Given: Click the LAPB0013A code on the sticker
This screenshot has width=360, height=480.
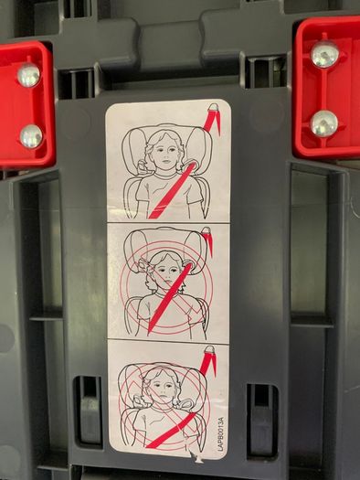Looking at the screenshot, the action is tap(221, 433).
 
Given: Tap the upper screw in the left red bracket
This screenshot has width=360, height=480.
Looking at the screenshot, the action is tap(28, 75).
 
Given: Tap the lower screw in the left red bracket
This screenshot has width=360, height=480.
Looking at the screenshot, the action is tap(31, 136).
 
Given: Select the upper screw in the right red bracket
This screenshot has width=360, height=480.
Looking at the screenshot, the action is tap(324, 55).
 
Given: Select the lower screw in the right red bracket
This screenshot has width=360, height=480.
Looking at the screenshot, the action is tap(324, 123).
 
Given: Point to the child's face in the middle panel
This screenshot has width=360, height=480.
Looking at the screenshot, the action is tap(168, 271).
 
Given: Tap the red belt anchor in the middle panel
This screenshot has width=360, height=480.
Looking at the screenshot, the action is tap(208, 240).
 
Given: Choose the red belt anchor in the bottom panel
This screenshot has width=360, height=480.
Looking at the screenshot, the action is tap(208, 360).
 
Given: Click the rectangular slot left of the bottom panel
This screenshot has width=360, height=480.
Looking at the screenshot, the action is tap(88, 412).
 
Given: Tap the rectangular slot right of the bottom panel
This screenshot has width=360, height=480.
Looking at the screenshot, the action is tap(262, 419).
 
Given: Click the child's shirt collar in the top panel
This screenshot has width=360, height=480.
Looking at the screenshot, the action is tap(165, 175).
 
